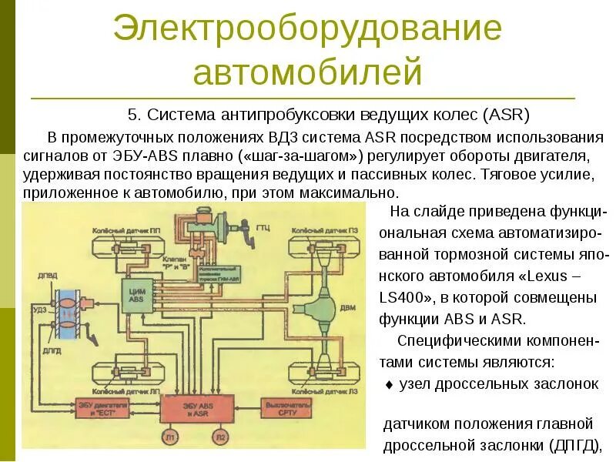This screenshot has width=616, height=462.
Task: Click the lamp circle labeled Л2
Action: tap(222, 437)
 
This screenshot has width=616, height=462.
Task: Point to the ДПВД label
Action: tap(46, 276)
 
